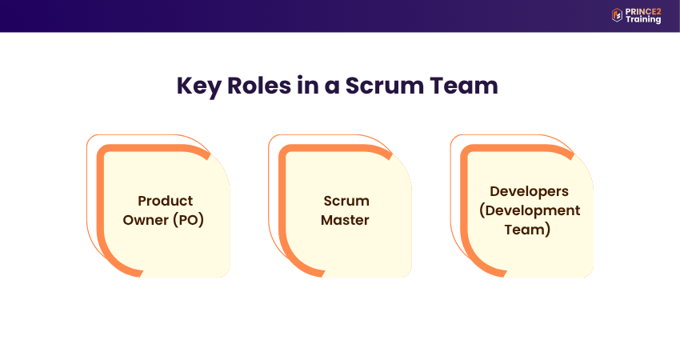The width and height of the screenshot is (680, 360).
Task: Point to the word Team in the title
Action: click(x=467, y=86)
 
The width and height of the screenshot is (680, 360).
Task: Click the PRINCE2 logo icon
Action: click(x=617, y=14)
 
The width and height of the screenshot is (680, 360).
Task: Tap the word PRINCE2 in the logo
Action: click(x=643, y=10)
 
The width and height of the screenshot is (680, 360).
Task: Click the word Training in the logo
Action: click(x=643, y=19)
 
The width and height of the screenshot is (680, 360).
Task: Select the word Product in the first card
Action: click(x=165, y=201)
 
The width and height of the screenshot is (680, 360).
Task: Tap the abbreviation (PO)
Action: click(x=188, y=219)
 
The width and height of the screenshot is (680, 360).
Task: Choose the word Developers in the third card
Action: click(x=529, y=191)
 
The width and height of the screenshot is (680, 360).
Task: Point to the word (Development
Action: click(x=529, y=210)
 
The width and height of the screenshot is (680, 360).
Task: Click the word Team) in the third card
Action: click(x=529, y=230)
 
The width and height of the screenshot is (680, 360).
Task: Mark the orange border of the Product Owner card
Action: click(x=102, y=208)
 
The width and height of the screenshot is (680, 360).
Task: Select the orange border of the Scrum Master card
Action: click(x=283, y=208)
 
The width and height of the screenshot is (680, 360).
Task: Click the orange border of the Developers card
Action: click(x=465, y=208)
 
